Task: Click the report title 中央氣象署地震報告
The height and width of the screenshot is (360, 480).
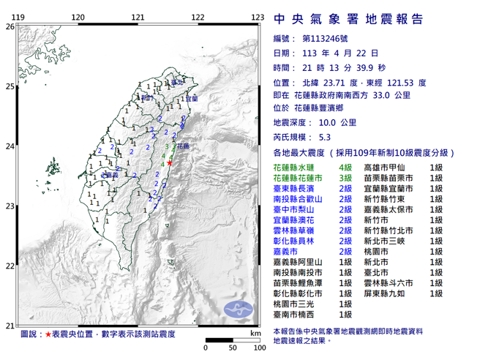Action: coord(348,19)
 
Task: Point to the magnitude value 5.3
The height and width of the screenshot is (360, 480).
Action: coord(325,137)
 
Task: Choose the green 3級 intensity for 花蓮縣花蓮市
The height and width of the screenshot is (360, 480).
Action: coord(338,179)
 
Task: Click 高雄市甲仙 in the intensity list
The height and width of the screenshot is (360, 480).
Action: coord(386,168)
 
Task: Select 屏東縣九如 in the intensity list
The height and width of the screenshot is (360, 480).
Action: coord(386,293)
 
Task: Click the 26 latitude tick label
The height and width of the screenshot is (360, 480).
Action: coord(10,26)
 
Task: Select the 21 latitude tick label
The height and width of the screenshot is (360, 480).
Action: coord(10,326)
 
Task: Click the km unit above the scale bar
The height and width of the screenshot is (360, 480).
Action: coord(255,333)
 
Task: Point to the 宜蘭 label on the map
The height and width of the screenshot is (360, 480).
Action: coord(192,98)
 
